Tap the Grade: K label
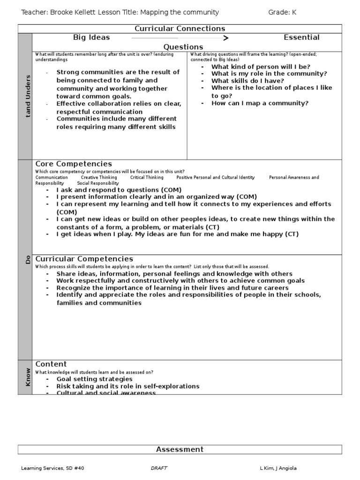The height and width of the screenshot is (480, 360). tap(282, 12)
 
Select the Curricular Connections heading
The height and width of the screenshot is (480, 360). tap(180, 29)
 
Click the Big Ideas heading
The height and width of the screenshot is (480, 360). tap(91, 37)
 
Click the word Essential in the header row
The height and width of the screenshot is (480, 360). tap(301, 37)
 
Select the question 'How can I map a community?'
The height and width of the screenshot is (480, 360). tap(260, 103)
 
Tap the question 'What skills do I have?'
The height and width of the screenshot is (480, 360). tap(247, 81)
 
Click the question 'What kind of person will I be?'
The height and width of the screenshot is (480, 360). tap(261, 67)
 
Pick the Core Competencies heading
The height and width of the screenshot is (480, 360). tap(74, 164)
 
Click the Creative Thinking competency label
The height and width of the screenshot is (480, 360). tap(99, 178)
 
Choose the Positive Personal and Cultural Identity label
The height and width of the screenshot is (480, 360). tap(216, 178)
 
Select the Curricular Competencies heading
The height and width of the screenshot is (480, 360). tap(84, 259)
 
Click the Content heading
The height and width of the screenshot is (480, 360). tap(51, 364)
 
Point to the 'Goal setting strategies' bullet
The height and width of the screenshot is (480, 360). tap(94, 379)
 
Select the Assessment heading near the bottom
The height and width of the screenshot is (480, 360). tap(180, 450)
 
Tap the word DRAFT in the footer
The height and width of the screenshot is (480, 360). tap(159, 468)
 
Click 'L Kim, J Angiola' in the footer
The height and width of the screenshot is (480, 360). tap(278, 468)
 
